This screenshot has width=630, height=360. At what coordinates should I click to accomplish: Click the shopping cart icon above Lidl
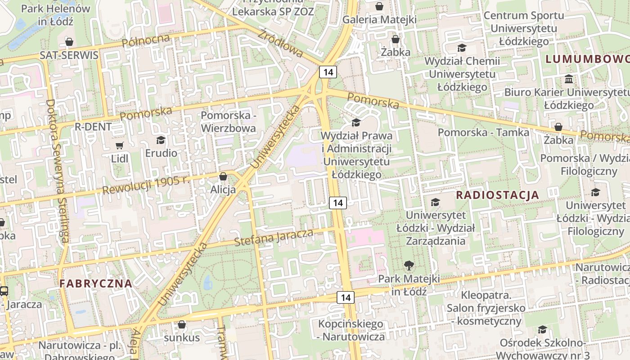119,145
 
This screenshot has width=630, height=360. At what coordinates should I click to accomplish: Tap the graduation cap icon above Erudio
161,140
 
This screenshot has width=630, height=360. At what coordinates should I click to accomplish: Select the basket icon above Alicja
223,176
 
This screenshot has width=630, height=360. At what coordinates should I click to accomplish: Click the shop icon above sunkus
182,324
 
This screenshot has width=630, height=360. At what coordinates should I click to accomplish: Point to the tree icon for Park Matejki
409,265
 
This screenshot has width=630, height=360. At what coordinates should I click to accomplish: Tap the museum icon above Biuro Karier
568,79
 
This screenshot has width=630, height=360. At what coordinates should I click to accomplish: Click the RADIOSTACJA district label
497,195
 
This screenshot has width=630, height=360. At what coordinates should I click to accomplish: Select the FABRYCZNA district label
96,283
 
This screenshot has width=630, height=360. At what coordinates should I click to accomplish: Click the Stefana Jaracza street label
274,237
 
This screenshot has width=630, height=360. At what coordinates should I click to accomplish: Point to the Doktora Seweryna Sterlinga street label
57,171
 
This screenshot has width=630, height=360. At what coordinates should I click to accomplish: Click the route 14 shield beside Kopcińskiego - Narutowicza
346,297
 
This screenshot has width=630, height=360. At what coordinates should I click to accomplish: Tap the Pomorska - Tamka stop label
483,132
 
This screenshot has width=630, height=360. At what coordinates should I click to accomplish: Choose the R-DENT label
93,127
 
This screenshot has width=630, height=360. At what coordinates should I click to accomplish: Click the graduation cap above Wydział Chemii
462,48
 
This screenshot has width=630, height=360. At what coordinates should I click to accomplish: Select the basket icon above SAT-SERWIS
69,42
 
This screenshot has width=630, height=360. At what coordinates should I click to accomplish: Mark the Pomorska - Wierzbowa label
228,121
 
